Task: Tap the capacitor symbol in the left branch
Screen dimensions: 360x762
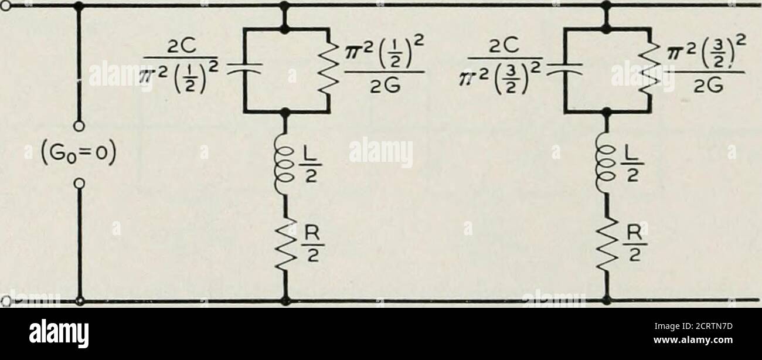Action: [242, 69]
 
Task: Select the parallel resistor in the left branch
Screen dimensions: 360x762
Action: [328, 69]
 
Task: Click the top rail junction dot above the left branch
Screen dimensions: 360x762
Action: [285, 5]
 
